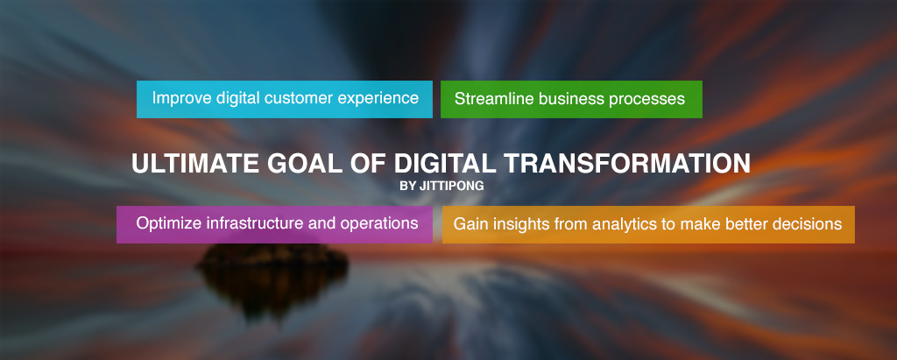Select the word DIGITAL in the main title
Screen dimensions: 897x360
click(445, 164)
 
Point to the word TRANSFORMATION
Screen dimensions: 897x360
click(627, 164)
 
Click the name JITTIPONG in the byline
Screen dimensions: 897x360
click(451, 186)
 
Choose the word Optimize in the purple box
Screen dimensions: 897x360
click(169, 223)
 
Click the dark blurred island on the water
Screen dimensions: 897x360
click(272, 269)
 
